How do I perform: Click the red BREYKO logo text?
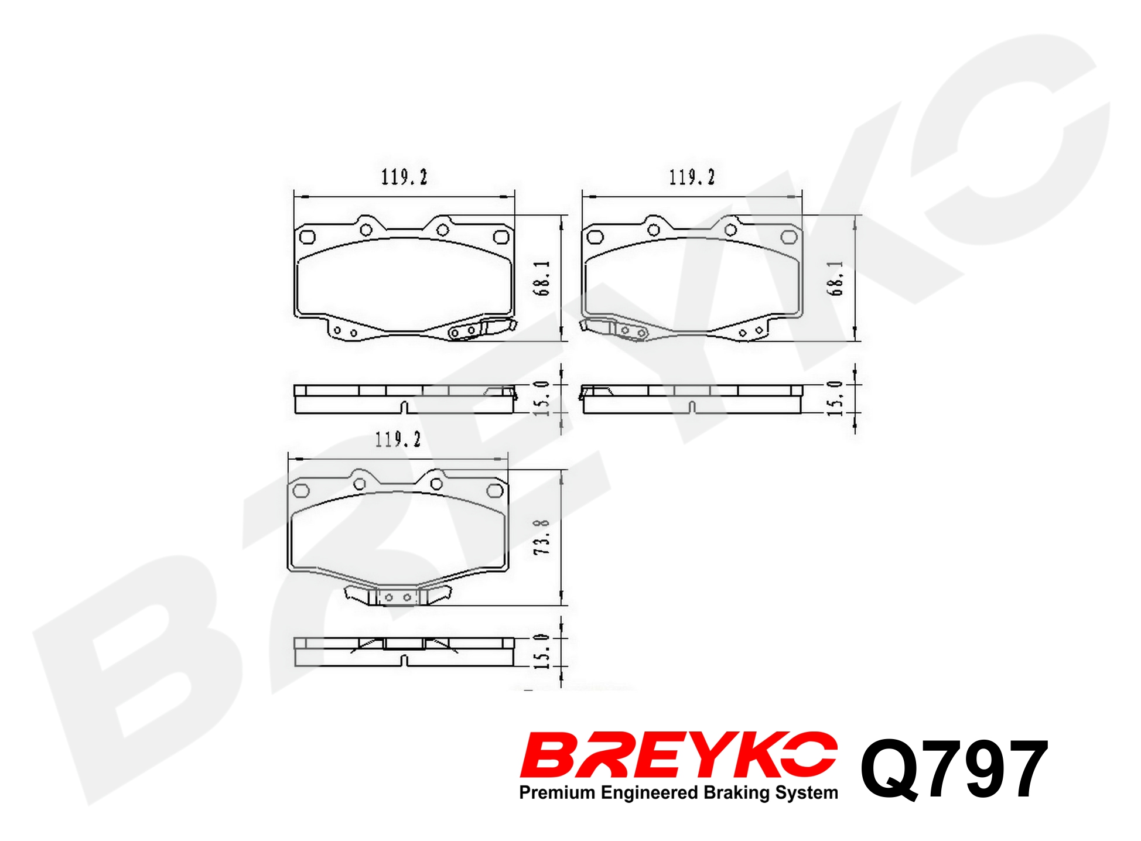point(678,755)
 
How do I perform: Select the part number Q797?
point(954,768)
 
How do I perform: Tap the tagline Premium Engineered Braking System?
point(678,793)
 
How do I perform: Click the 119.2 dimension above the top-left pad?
point(404,177)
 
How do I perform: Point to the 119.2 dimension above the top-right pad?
point(692,177)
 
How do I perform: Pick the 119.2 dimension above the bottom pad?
point(398,439)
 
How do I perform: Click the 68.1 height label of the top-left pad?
point(542,278)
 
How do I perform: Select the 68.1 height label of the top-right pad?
point(835,278)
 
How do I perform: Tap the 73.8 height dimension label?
point(542,537)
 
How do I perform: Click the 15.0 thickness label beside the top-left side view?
point(542,398)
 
